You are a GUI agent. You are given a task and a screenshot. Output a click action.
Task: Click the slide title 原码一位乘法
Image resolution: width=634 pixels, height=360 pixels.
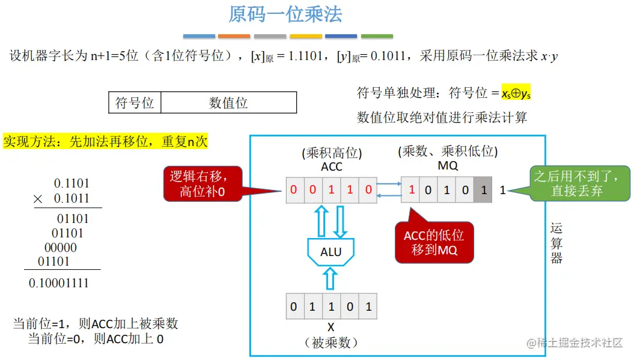285,15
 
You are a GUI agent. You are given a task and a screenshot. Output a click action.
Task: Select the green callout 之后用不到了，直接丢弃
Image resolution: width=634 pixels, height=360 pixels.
576,184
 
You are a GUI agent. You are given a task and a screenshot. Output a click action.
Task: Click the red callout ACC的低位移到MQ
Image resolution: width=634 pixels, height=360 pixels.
434,242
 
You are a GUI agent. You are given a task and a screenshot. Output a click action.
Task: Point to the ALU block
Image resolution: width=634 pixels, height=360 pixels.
331,252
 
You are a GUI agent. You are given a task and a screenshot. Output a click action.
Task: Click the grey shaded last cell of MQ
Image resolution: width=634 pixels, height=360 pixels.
483,191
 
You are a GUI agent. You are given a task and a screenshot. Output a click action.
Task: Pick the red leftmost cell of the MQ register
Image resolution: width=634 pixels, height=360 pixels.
412,191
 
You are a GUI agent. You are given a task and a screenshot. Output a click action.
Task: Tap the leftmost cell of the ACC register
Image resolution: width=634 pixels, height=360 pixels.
293,191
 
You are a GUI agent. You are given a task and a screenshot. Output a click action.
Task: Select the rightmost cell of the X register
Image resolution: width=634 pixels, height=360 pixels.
368,307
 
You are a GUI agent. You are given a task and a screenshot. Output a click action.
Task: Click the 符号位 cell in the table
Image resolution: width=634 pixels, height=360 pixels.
135,103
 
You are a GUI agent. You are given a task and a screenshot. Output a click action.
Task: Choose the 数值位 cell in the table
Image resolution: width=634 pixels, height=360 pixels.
228,103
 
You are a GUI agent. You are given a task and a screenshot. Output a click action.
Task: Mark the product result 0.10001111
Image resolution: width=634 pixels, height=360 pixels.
59,282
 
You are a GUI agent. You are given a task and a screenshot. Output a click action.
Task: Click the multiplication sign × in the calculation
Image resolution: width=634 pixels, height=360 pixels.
38,199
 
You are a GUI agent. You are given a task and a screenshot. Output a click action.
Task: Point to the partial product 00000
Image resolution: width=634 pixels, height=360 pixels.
61,248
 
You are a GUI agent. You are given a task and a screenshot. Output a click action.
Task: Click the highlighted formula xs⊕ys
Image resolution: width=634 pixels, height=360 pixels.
511,93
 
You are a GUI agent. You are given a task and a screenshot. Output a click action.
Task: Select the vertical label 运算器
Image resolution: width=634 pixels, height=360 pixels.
556,243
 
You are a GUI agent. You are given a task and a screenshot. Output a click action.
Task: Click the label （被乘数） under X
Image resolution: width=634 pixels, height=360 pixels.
331,343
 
